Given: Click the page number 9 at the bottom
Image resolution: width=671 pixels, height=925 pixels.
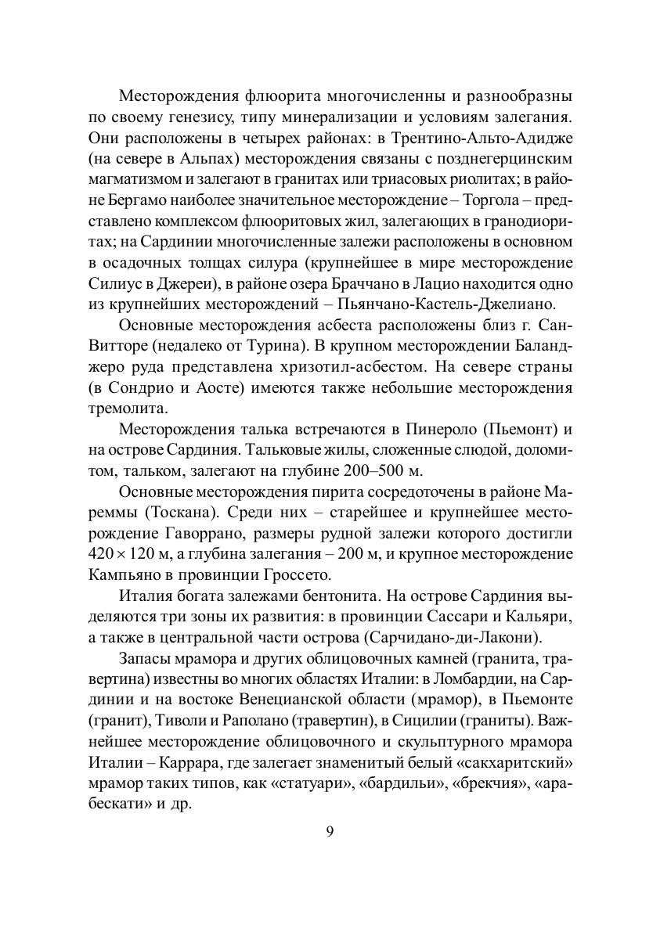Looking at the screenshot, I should pos(330,831).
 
